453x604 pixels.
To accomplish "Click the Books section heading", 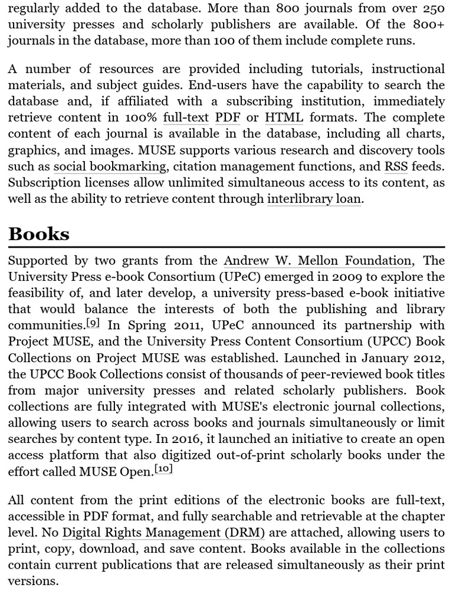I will (38, 234).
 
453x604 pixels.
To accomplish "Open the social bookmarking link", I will (109, 167).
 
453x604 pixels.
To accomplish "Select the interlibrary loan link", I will (314, 199).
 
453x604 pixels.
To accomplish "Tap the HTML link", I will (284, 117).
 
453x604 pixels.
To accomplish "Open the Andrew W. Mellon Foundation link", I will (317, 261).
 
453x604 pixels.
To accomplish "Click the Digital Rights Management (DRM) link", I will (163, 533).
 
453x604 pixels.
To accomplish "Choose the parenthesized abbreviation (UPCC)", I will (380, 341).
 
